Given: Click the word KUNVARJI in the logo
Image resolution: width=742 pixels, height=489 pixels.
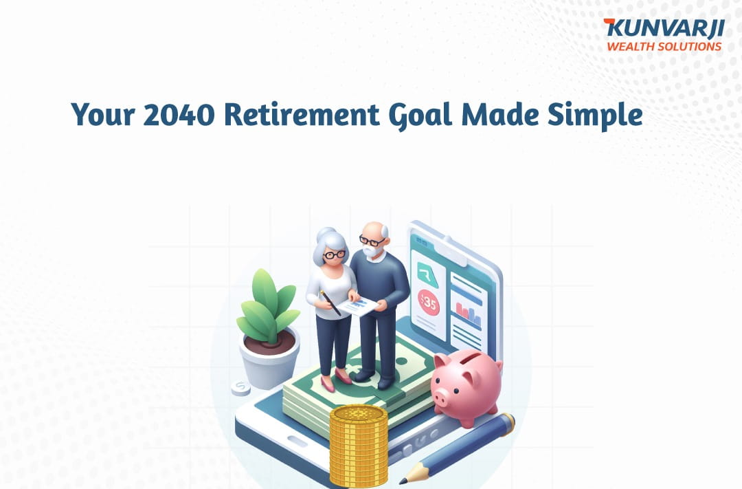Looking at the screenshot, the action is [x=664, y=28].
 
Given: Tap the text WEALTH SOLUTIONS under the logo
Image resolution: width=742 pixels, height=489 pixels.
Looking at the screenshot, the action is [x=664, y=47].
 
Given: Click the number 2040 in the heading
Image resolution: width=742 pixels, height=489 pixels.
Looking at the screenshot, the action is [x=179, y=115].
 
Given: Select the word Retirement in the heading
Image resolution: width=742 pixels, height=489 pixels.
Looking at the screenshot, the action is [x=302, y=115].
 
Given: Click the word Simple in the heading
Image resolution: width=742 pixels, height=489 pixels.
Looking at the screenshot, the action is [x=595, y=116].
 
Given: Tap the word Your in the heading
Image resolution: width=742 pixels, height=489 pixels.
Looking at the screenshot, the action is [x=102, y=115].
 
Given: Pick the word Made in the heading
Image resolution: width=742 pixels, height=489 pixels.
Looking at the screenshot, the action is [x=499, y=115].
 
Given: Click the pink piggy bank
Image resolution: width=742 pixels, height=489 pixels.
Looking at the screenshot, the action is [x=466, y=387].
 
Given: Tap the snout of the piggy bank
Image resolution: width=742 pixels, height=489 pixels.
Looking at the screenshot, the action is [x=440, y=397].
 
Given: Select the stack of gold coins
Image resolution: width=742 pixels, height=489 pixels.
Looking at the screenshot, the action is [x=359, y=446].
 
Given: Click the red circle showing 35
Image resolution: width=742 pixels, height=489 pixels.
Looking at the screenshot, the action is [x=429, y=303].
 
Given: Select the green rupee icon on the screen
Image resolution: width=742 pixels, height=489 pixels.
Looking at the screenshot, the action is [x=427, y=274].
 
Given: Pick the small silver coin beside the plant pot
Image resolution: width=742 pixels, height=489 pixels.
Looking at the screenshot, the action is [x=241, y=388].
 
